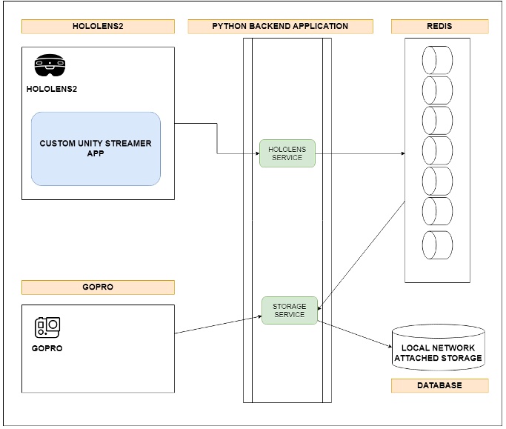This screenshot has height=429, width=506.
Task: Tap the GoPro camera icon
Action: pyautogui.click(x=47, y=327)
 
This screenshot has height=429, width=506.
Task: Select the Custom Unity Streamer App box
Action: pyautogui.click(x=96, y=149)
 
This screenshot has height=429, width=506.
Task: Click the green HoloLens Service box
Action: pyautogui.click(x=287, y=153)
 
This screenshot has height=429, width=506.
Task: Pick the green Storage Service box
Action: pyautogui.click(x=289, y=310)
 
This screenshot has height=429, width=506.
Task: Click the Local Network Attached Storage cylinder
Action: pyautogui.click(x=438, y=349)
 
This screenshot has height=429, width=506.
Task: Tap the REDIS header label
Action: pyautogui.click(x=439, y=27)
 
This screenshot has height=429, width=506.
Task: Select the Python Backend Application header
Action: pyautogui.click(x=280, y=27)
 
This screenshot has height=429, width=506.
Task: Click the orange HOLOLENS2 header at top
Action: pyautogui.click(x=98, y=27)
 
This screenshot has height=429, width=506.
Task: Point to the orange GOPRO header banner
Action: pyautogui.click(x=98, y=287)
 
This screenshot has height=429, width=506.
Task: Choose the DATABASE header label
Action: pyautogui.click(x=439, y=385)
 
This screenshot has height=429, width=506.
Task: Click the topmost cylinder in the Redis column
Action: pyautogui.click(x=437, y=59)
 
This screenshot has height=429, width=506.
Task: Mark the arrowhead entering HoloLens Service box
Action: pyautogui.click(x=256, y=153)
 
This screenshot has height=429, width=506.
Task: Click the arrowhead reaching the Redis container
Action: pyautogui.click(x=402, y=153)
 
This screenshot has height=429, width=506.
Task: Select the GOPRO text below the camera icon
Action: pyautogui.click(x=47, y=348)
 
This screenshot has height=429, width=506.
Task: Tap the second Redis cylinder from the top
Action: pyautogui.click(x=437, y=90)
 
